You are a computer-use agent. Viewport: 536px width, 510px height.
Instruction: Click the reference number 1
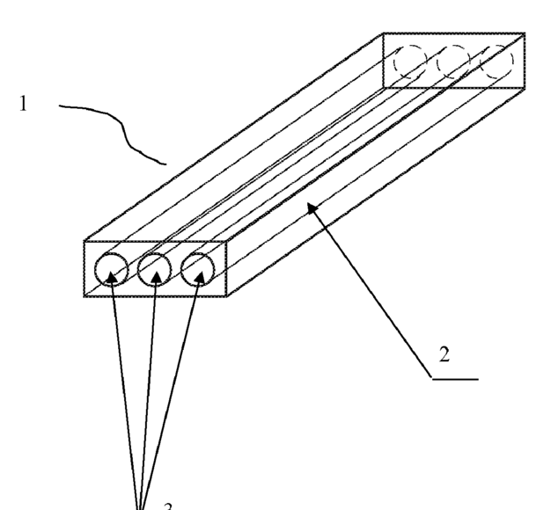coord(24,103)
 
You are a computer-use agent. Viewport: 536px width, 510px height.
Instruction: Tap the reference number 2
coord(444,355)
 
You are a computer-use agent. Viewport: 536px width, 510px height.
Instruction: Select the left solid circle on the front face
coord(113,269)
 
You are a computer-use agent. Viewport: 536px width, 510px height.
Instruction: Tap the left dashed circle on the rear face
coord(410,61)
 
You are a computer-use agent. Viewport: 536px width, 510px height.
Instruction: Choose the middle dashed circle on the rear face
coord(454,61)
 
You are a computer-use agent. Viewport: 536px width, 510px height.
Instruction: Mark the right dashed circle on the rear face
coord(496,60)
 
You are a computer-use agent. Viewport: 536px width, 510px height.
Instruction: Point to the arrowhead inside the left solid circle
coord(112,276)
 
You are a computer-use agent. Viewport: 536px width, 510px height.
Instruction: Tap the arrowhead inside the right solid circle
coord(200,276)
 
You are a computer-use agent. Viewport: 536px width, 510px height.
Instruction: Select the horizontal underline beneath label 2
coord(455,379)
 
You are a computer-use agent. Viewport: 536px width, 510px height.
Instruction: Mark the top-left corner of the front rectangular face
coord(84,241)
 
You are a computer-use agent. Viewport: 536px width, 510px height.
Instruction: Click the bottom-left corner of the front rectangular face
coord(84,296)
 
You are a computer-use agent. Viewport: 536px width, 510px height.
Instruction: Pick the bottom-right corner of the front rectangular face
coord(226,296)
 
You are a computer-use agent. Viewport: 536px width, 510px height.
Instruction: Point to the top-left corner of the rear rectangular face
coord(384,34)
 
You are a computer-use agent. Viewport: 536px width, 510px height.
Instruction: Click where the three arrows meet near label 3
coord(139,504)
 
